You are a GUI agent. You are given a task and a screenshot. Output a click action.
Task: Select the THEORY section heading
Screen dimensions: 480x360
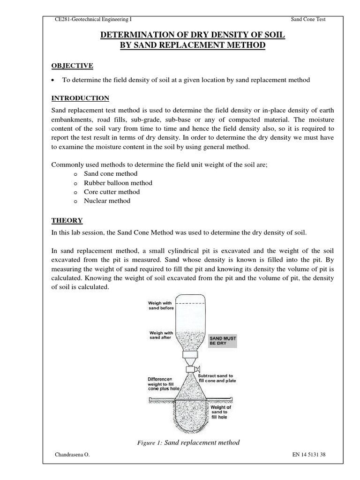[67, 220]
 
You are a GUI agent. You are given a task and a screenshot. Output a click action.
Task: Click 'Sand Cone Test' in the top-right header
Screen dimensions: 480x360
[308, 19]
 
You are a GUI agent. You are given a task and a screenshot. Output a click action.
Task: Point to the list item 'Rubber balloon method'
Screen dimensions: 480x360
[118, 183]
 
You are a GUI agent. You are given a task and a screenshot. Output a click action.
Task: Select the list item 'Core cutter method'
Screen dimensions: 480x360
[112, 192]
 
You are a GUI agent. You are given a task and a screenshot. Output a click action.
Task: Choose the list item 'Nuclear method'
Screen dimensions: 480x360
[107, 201]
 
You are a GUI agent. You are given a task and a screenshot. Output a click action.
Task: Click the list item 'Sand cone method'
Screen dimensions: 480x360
[111, 174]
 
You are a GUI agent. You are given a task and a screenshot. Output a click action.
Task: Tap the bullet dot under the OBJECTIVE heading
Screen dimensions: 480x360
[54, 80]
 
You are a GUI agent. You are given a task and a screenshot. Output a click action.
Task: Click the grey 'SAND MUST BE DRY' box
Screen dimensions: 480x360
[223, 340]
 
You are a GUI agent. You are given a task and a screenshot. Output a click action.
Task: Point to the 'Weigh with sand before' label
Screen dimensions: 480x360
[161, 306]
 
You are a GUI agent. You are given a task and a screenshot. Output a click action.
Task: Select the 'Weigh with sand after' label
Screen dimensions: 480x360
[161, 335]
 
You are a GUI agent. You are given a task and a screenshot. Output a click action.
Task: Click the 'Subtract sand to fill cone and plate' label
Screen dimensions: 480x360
[217, 378]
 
